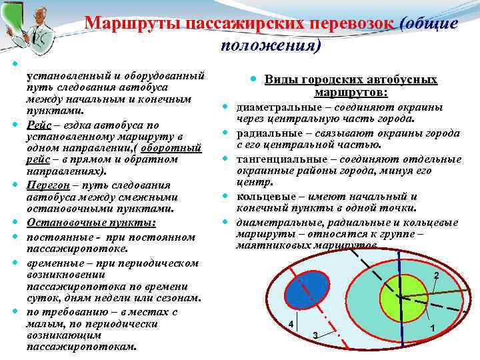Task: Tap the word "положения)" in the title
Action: pos(270,46)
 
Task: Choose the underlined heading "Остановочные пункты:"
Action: pos(91,221)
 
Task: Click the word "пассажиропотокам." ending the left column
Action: pos(81,346)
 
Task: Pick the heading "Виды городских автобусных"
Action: pos(351,79)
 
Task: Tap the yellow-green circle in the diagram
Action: pos(401,295)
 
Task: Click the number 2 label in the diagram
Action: pos(436,275)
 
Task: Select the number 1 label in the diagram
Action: pos(433,328)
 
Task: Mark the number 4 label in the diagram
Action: pos(291,324)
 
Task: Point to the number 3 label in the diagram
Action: pos(315,334)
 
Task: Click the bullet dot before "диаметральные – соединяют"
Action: pos(227,107)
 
